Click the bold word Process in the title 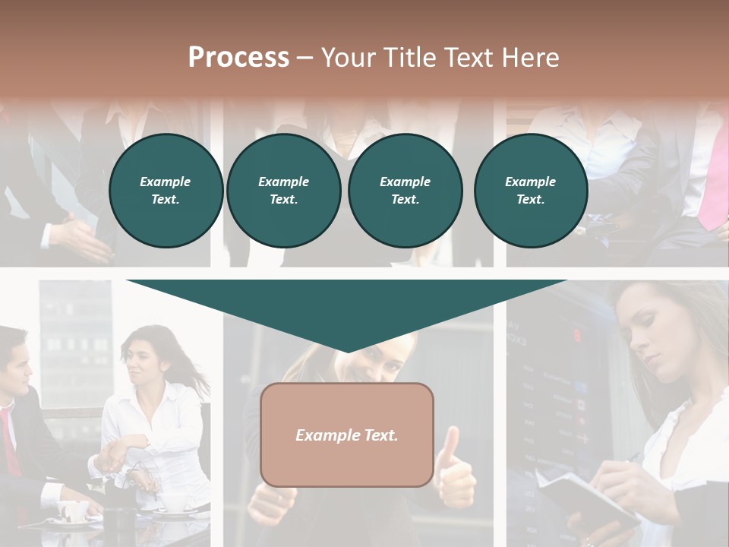pos(238,57)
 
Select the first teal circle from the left pos(166,191)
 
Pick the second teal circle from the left pos(283,191)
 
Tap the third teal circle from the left pos(405,191)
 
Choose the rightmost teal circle pos(530,191)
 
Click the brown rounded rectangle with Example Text pos(346,435)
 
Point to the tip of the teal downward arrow pos(347,350)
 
